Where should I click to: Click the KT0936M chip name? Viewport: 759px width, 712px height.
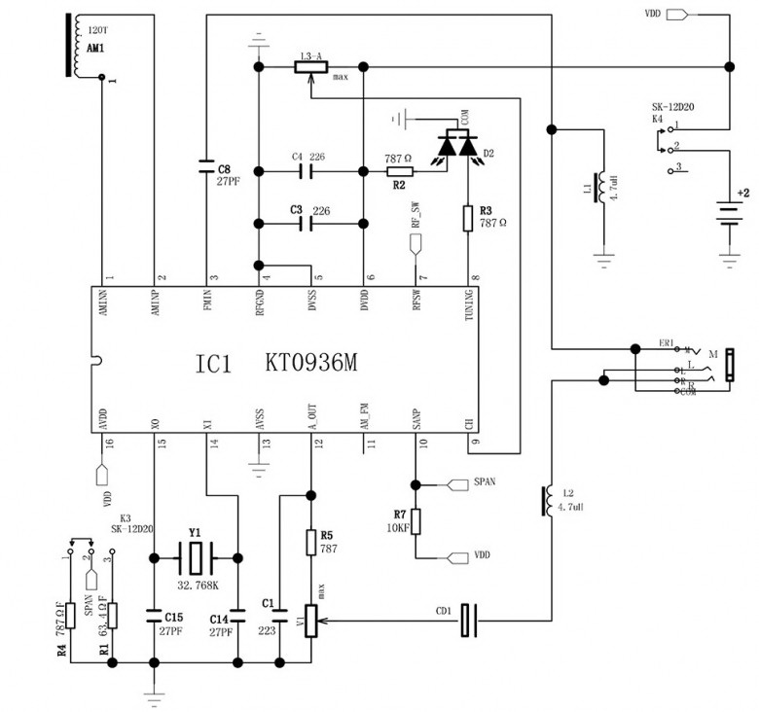click(x=310, y=363)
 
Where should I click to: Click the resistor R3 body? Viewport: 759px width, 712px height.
click(x=471, y=217)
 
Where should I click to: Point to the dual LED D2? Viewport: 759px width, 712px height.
click(x=457, y=147)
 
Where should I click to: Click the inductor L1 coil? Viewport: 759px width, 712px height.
click(x=603, y=186)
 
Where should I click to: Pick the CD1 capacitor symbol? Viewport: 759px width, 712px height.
click(x=470, y=621)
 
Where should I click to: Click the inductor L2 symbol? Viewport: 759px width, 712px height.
click(x=548, y=502)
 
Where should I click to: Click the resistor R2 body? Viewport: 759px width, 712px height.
click(x=401, y=171)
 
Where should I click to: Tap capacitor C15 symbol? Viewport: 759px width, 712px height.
click(x=154, y=615)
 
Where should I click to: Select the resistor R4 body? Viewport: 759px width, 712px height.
click(x=73, y=616)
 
